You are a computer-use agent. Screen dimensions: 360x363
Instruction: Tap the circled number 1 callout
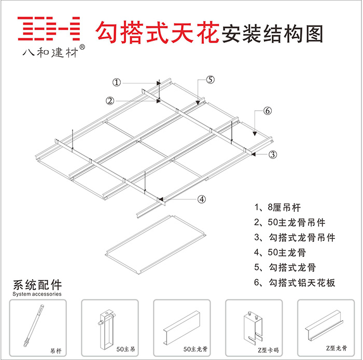click(x=117, y=82)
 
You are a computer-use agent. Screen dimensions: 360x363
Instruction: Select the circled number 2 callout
click(x=110, y=100)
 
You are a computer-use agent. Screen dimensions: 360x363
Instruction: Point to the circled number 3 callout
click(x=273, y=154)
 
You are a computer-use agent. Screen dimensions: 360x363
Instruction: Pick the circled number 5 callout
click(x=210, y=79)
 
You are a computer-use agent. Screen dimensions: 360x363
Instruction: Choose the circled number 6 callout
click(x=267, y=111)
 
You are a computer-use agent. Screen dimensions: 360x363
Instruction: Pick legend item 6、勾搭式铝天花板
click(x=295, y=283)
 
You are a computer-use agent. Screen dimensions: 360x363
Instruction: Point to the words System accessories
click(x=36, y=294)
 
